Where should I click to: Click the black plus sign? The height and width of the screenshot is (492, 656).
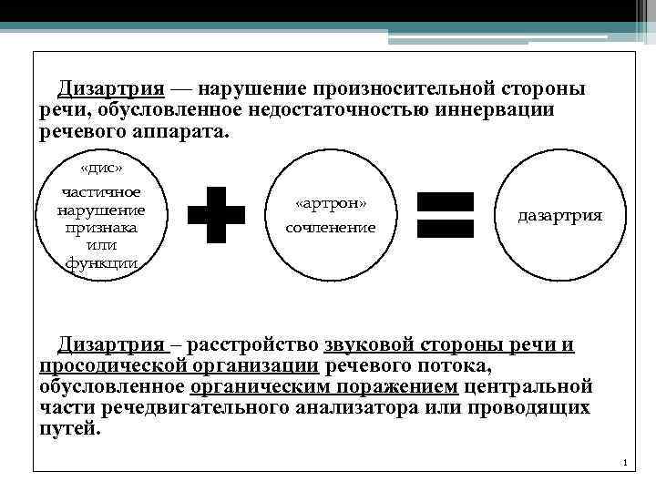coord(216,215)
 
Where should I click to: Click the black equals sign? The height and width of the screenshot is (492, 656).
coord(445,215)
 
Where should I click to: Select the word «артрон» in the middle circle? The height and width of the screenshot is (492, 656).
coord(331,204)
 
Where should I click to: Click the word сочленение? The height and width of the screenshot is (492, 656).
coord(331,227)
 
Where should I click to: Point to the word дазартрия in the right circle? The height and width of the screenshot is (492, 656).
coord(560,216)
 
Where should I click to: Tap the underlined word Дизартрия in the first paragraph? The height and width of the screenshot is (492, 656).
coord(111,89)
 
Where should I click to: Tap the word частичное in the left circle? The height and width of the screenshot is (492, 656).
coord(101,191)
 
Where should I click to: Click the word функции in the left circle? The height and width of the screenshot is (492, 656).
coord(101,262)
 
